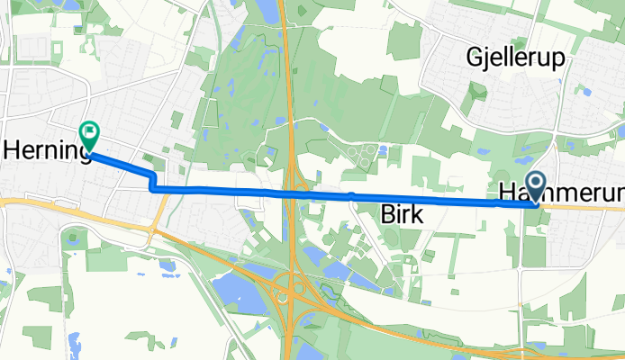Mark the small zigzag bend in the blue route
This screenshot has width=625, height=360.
click(152, 179)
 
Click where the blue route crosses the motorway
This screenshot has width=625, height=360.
click(290, 193)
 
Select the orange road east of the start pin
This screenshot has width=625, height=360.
click(585, 206)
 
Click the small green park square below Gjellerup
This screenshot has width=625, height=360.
click(476, 93)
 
